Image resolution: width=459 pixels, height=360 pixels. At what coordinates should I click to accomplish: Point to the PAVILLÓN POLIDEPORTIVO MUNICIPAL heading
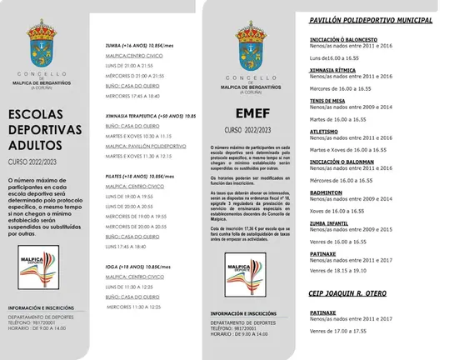click(x=371, y=19)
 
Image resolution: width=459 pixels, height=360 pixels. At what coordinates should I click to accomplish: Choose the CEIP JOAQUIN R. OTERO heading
click(x=347, y=292)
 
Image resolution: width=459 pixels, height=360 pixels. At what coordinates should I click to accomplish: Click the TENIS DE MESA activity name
click(x=327, y=99)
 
